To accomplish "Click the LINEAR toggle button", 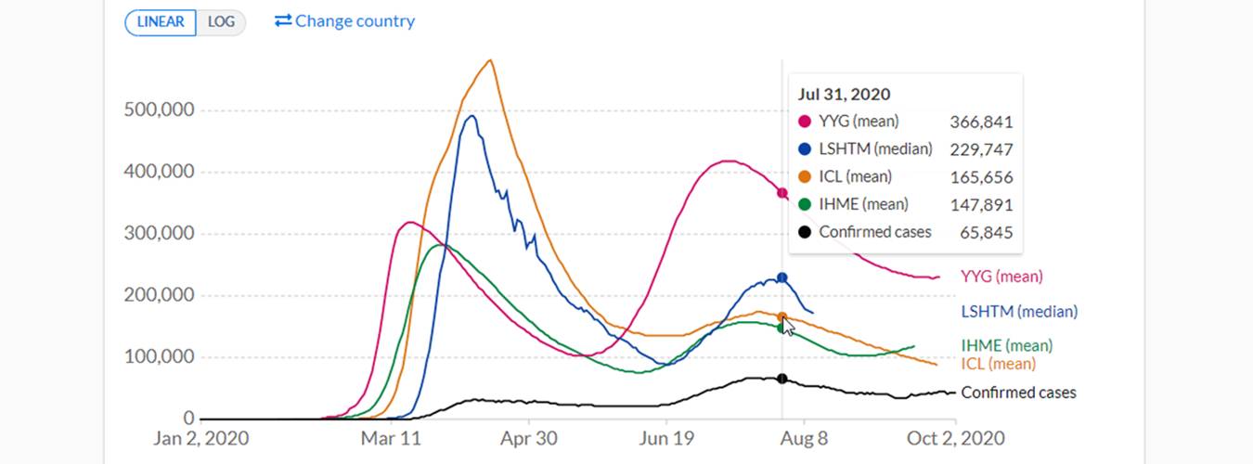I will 161,22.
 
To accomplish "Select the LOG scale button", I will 221,22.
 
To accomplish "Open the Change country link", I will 345,21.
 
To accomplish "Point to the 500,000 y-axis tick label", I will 159,110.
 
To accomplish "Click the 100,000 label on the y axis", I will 159,357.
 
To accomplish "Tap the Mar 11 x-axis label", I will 391,438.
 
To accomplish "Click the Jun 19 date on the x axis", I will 666,438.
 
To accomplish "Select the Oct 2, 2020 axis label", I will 955,438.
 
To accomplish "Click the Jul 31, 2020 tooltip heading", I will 844,95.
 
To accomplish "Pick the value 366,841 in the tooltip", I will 981,122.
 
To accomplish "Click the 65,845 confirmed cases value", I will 988,232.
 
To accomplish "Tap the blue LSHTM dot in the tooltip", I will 805,149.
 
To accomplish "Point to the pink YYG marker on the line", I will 782,193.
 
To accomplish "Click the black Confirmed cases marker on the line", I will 782,379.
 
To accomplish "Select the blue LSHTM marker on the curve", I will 782,277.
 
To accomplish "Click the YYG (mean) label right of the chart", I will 1001,276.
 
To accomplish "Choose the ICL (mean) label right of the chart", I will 998,364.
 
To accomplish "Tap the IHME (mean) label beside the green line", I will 1007,345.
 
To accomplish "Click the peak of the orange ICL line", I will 490,61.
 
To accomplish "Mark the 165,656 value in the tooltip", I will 981,177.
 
